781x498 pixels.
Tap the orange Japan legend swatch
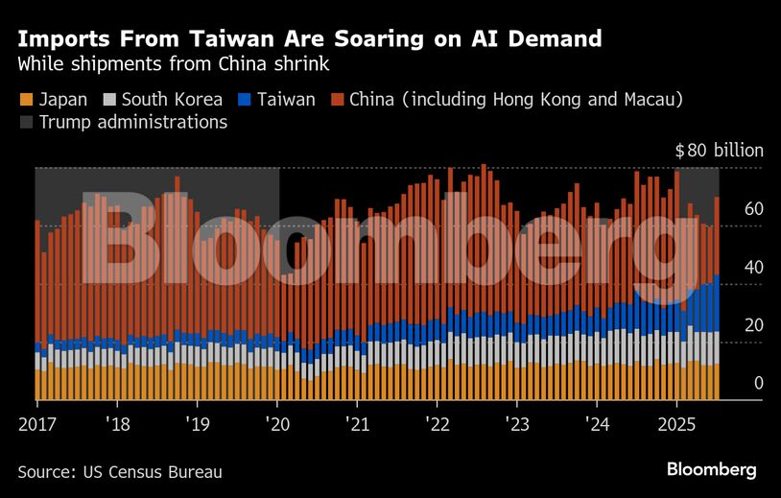pos(26,99)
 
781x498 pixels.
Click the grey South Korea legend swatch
pos(111,99)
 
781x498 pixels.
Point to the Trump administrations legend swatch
pos(26,122)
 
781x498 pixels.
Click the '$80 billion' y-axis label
pos(719,150)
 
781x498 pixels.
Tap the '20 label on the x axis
pos(276,424)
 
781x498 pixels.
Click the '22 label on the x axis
pos(437,424)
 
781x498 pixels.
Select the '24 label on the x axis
pos(596,424)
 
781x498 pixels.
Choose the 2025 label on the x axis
pos(676,424)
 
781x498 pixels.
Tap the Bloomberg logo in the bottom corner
pos(711,469)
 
